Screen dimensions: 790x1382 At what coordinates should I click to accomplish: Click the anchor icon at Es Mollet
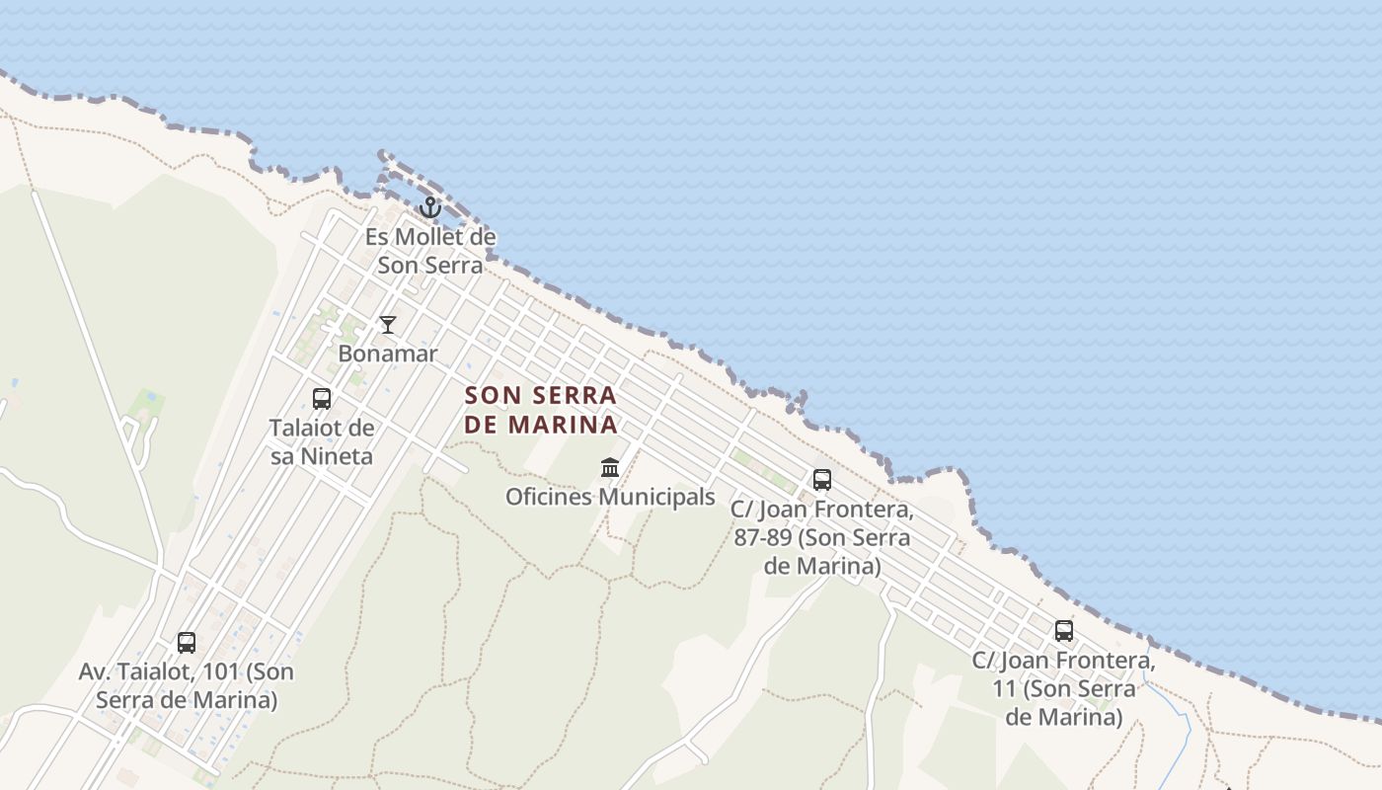(429, 207)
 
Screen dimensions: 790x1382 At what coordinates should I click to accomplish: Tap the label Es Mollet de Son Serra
(430, 251)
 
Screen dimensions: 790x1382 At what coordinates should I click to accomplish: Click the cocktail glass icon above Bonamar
(388, 325)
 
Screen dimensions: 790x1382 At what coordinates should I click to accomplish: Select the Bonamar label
(388, 353)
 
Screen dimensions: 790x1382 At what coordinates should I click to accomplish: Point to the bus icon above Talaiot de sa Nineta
(322, 399)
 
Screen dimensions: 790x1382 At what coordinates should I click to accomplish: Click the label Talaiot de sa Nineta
(322, 441)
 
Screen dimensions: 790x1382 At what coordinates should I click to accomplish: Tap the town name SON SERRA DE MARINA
(541, 410)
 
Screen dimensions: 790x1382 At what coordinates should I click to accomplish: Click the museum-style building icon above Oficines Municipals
(610, 467)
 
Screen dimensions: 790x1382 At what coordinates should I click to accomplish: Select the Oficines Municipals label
(610, 497)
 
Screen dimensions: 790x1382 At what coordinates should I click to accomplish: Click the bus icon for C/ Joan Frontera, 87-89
(822, 480)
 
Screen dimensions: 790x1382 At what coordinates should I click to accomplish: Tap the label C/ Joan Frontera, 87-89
(822, 538)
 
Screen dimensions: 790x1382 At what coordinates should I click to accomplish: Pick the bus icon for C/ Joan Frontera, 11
(1064, 630)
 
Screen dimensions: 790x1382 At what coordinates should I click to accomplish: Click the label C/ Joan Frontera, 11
(1064, 688)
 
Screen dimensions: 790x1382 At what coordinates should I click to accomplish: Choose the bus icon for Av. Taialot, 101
(187, 643)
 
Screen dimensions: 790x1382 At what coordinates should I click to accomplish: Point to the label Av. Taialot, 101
(187, 686)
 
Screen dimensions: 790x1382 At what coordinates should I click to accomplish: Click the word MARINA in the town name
(564, 425)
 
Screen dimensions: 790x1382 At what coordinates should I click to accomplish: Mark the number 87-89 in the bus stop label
(764, 538)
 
